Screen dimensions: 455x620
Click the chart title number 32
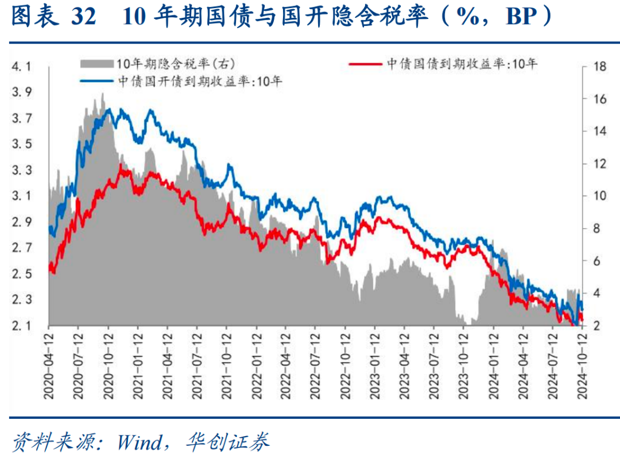(x=84, y=17)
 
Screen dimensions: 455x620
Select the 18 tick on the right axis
(x=600, y=67)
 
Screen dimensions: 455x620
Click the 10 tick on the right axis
(x=600, y=196)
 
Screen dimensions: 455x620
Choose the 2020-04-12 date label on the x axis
(x=49, y=365)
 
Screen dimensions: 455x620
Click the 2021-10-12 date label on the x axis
(x=227, y=365)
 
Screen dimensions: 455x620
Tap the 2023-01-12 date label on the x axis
(x=375, y=365)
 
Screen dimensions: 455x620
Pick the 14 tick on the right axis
(x=600, y=132)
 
